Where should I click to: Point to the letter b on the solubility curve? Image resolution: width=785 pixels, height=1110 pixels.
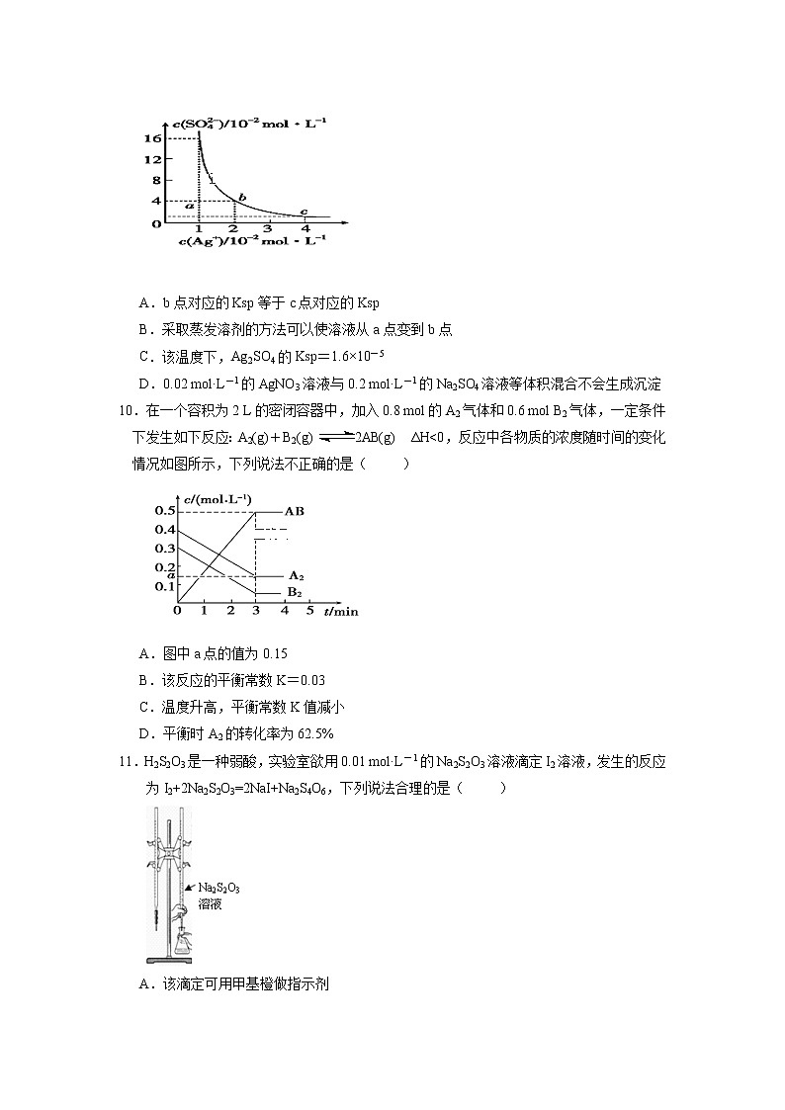pos(240,198)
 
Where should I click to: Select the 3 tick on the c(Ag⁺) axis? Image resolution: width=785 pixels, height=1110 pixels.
pos(267,229)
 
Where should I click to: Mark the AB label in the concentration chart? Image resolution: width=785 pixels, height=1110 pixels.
pos(294,511)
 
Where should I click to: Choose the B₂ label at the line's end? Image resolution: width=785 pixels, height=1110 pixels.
pos(294,591)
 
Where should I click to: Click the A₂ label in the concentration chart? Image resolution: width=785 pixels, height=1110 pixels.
pos(295,574)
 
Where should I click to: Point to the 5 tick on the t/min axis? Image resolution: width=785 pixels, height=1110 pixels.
pos(309,611)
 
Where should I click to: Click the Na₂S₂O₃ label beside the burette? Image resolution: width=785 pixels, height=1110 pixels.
pos(219,888)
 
